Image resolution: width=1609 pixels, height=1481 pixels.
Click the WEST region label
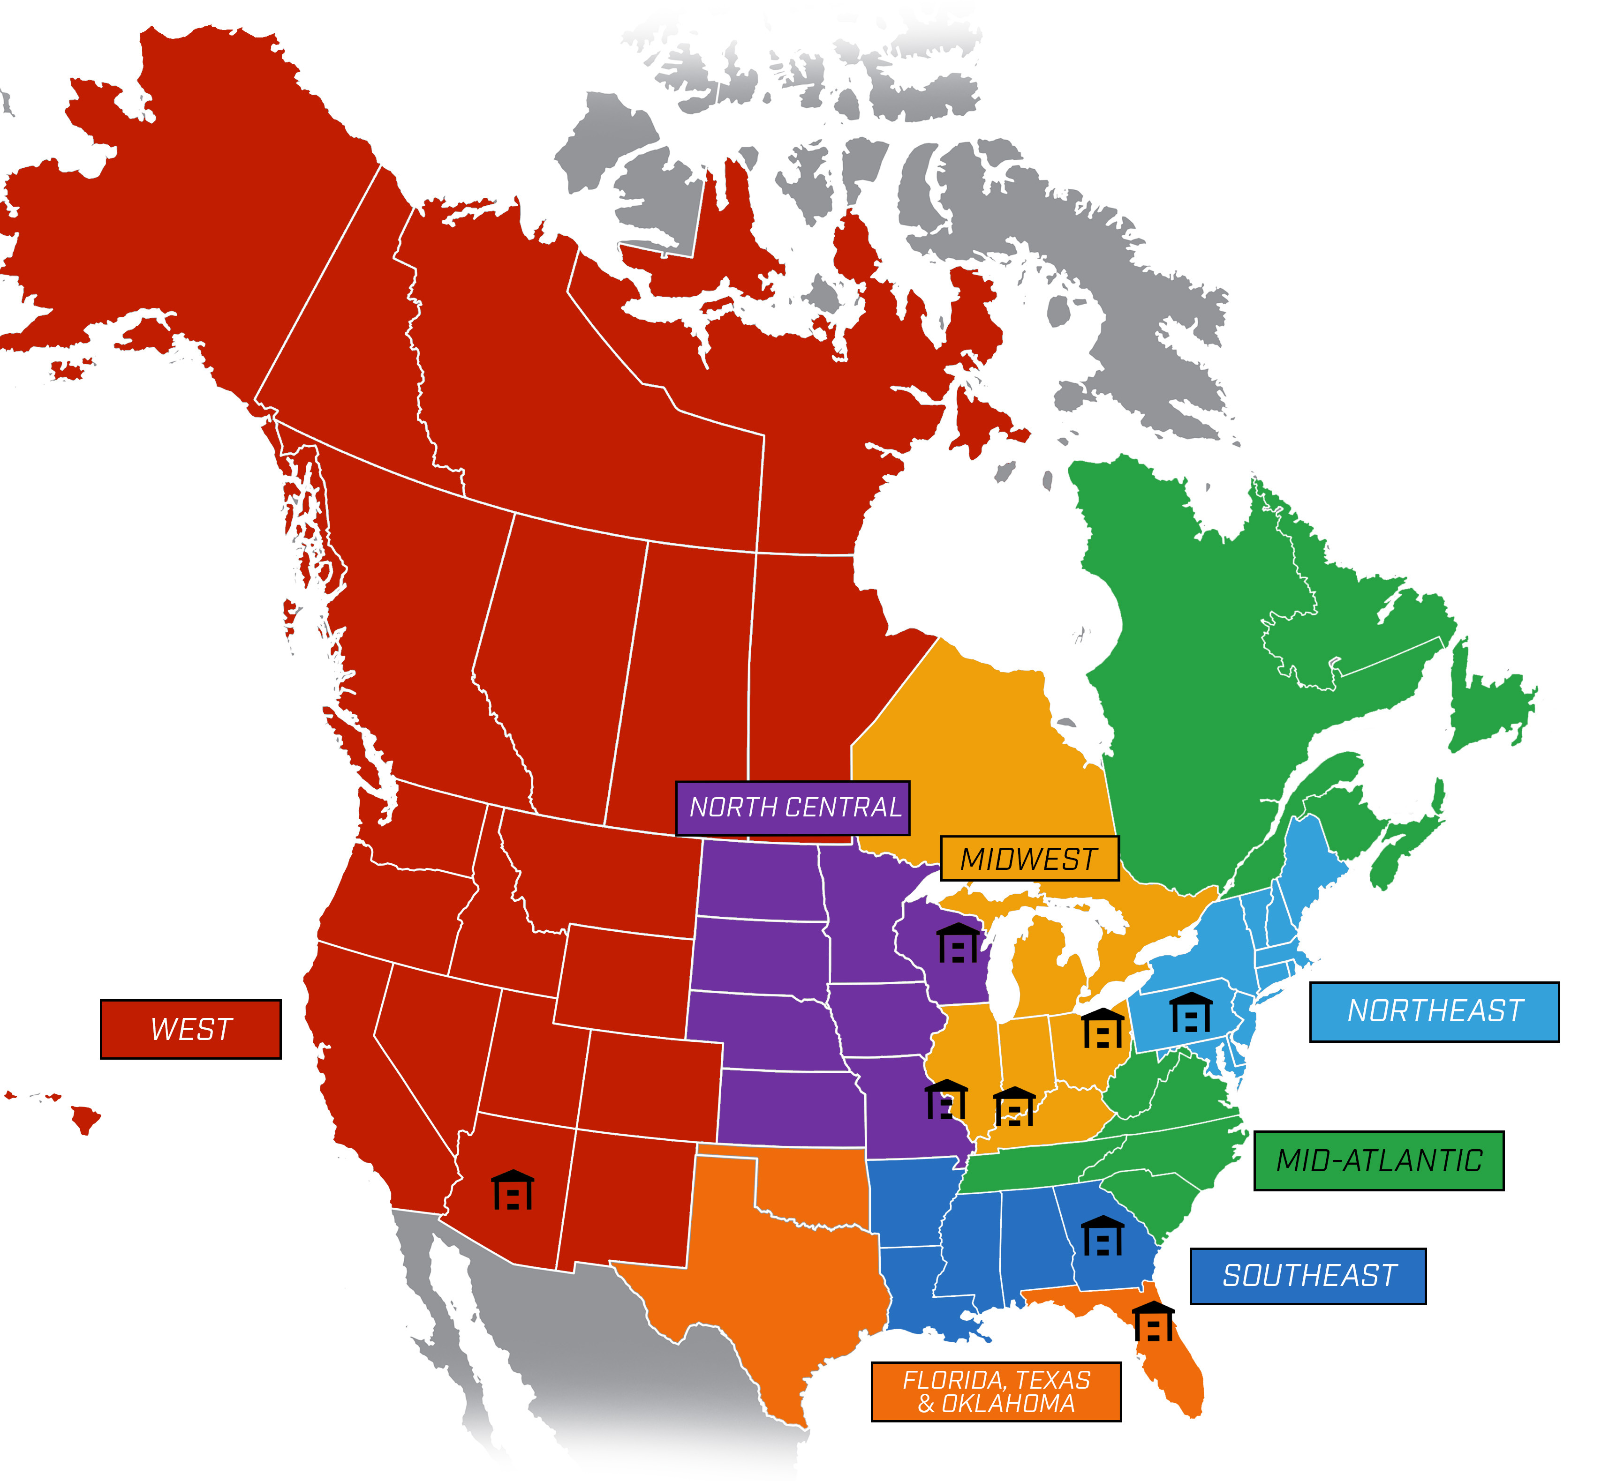click(x=191, y=1029)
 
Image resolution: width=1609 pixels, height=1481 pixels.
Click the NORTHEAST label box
click(x=1434, y=1011)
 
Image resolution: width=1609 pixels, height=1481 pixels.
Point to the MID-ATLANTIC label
click(x=1378, y=1160)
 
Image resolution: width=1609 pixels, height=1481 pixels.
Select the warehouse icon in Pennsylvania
click(x=1191, y=1012)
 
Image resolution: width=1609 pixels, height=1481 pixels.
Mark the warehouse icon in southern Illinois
click(x=1014, y=1106)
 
